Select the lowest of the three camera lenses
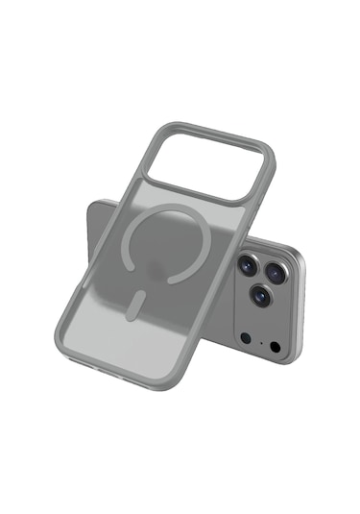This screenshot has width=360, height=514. (259, 295)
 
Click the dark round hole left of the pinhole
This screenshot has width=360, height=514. (245, 337)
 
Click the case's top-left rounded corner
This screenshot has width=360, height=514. (169, 128)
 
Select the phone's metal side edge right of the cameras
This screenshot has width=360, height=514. (300, 307)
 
